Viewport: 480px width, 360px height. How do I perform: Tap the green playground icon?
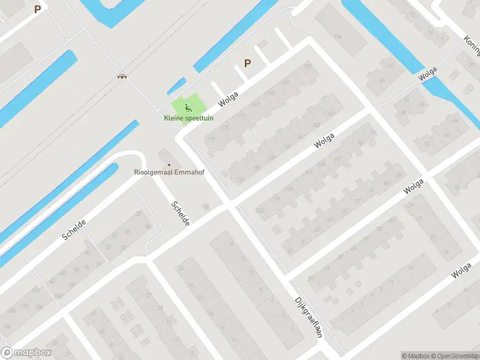tap(188, 108)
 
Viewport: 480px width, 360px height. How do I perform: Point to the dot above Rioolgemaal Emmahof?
tap(169, 164)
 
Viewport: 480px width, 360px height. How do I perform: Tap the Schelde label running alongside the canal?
tap(73, 230)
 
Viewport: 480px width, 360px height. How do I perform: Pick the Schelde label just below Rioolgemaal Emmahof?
tap(180, 213)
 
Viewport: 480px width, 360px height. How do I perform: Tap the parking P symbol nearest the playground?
tap(247, 63)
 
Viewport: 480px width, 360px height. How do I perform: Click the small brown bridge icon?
tap(122, 76)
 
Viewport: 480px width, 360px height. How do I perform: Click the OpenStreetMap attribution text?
tap(454, 356)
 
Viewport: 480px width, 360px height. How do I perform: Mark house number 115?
tap(289, 190)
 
